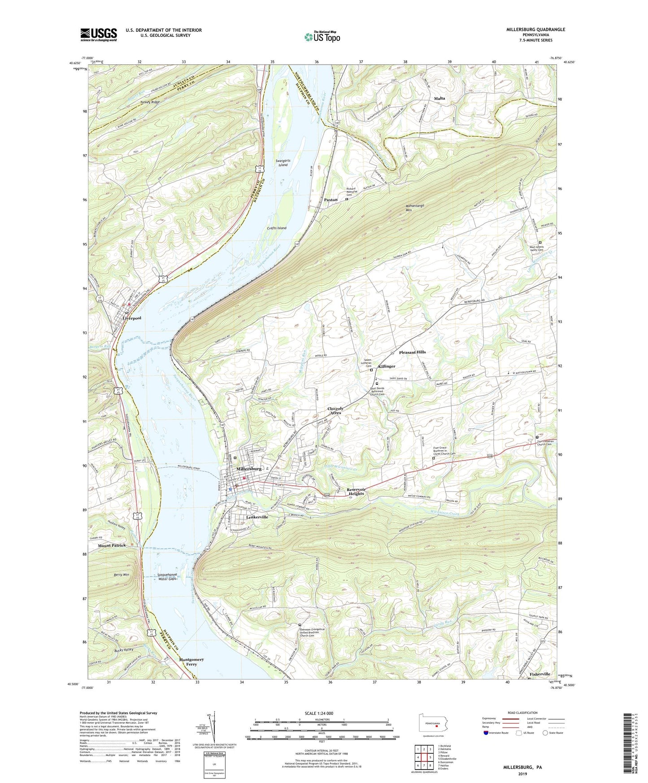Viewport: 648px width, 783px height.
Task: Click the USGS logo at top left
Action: coord(99,35)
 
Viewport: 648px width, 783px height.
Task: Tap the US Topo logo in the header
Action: coord(322,36)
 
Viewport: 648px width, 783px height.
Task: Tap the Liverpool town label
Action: coord(132,318)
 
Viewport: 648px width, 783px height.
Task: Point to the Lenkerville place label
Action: coord(257,517)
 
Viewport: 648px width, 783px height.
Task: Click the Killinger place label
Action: coord(387,366)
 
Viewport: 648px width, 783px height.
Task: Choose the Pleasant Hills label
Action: coord(412,352)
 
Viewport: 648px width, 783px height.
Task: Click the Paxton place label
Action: coord(331,200)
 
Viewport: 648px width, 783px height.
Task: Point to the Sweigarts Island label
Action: coord(281,163)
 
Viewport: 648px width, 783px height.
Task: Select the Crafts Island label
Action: coord(276,228)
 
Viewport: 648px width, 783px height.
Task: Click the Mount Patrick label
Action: coord(112,545)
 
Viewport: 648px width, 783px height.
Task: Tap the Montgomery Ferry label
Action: coord(191,662)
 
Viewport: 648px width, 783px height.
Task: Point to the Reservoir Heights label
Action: coord(356,492)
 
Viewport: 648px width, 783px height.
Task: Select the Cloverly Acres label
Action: coord(335,410)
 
